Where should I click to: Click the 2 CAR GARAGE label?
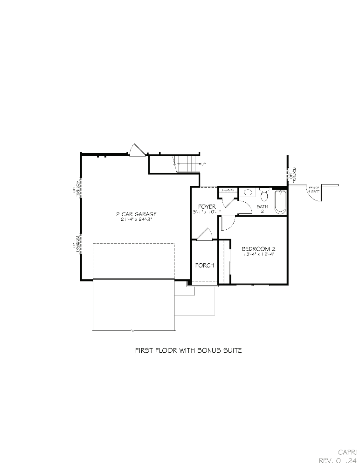[x=136, y=214]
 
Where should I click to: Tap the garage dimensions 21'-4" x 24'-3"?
[x=136, y=219]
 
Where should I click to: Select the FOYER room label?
[x=207, y=206]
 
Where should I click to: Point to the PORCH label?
[x=204, y=265]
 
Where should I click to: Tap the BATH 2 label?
[x=262, y=209]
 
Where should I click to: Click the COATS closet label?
[x=228, y=190]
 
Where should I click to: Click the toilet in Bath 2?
[x=264, y=194]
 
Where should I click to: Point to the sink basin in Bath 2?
[x=248, y=192]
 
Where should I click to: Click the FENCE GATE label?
[x=314, y=190]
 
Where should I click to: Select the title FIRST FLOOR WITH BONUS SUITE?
[x=188, y=350]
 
